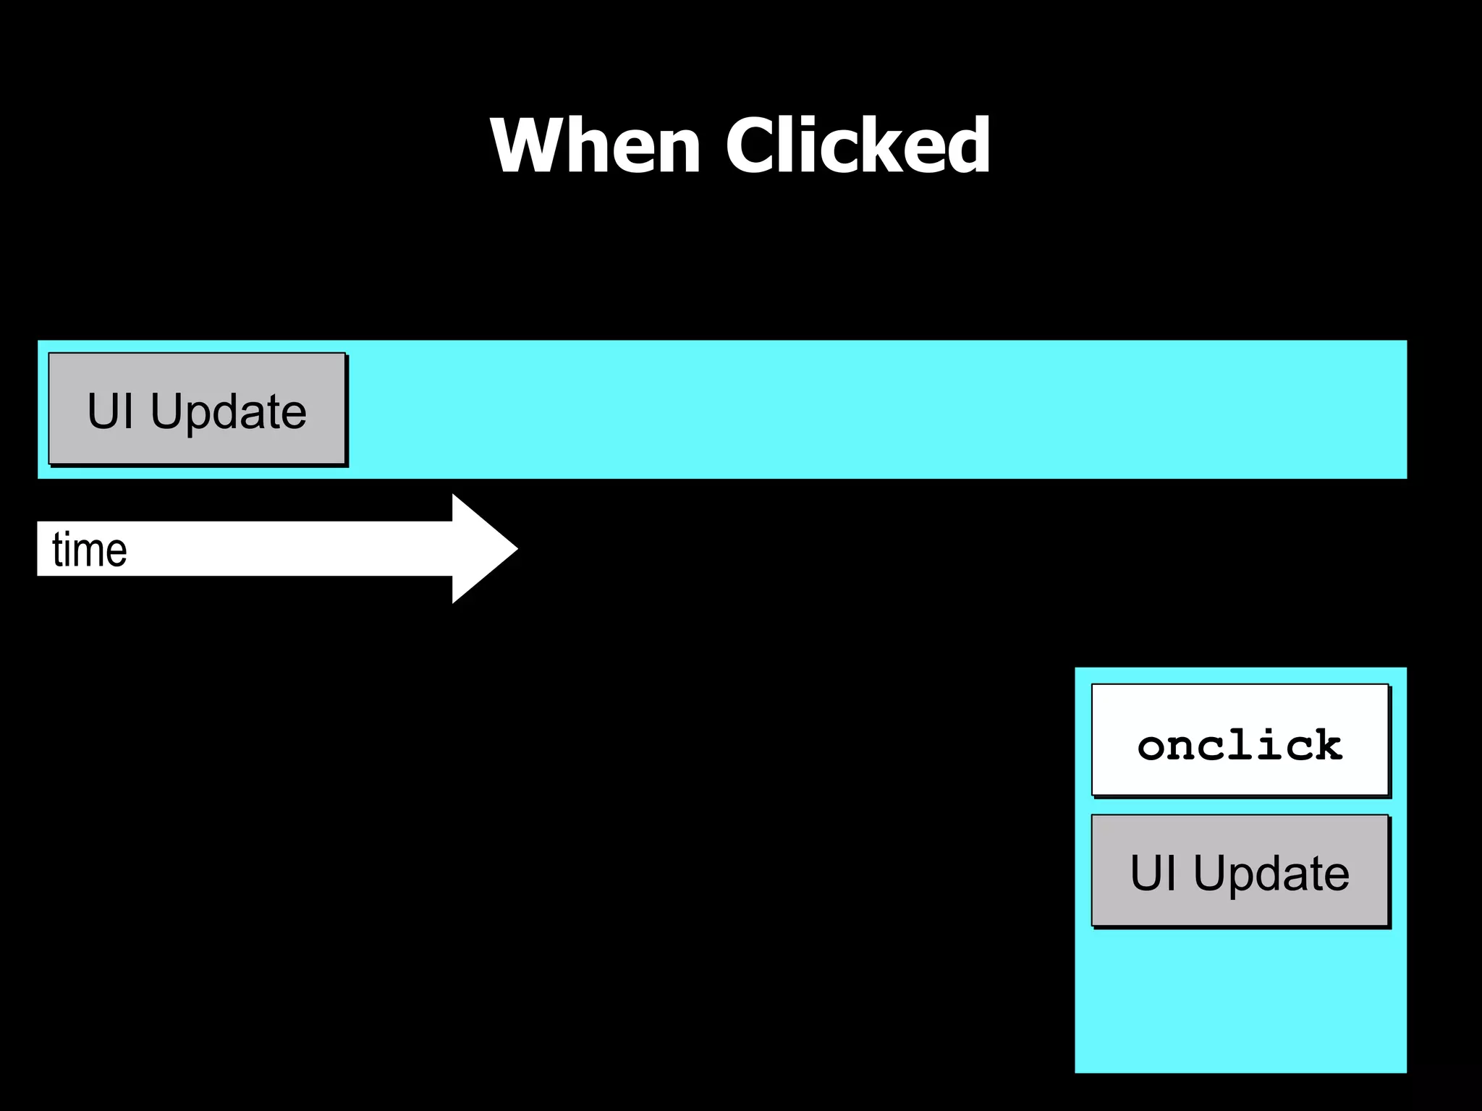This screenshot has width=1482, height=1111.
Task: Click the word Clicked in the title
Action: click(x=858, y=145)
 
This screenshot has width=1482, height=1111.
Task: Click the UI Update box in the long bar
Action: click(x=197, y=409)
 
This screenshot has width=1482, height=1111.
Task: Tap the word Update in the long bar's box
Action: click(x=228, y=412)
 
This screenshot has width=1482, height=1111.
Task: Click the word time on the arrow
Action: click(x=90, y=550)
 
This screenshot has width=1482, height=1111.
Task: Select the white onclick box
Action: click(x=1240, y=739)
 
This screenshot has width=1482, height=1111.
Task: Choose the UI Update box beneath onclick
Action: click(x=1240, y=870)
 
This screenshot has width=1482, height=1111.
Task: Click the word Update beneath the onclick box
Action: click(x=1271, y=873)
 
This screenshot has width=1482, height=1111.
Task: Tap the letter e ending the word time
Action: click(x=118, y=552)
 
